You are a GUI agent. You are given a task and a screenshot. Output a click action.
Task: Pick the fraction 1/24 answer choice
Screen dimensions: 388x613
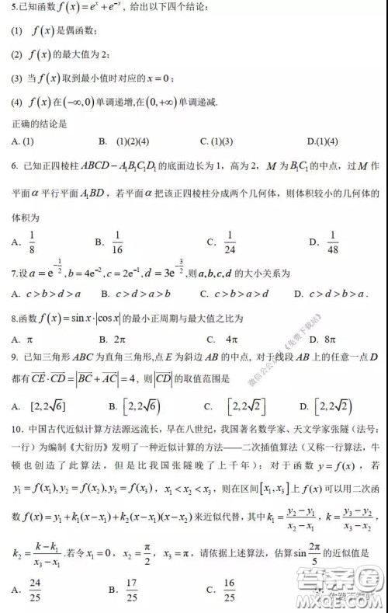(x=229, y=242)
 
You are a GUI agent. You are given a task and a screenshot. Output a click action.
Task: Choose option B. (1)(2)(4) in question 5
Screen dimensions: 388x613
(x=124, y=141)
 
